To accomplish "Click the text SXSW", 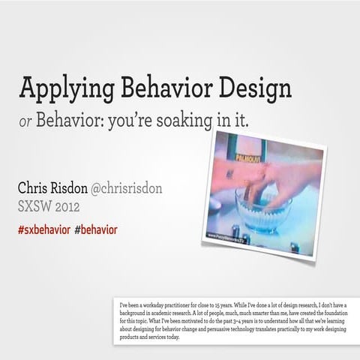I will [x=34, y=205].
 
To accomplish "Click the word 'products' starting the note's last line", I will [x=133, y=337].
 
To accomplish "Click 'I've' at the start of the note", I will [x=124, y=304].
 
